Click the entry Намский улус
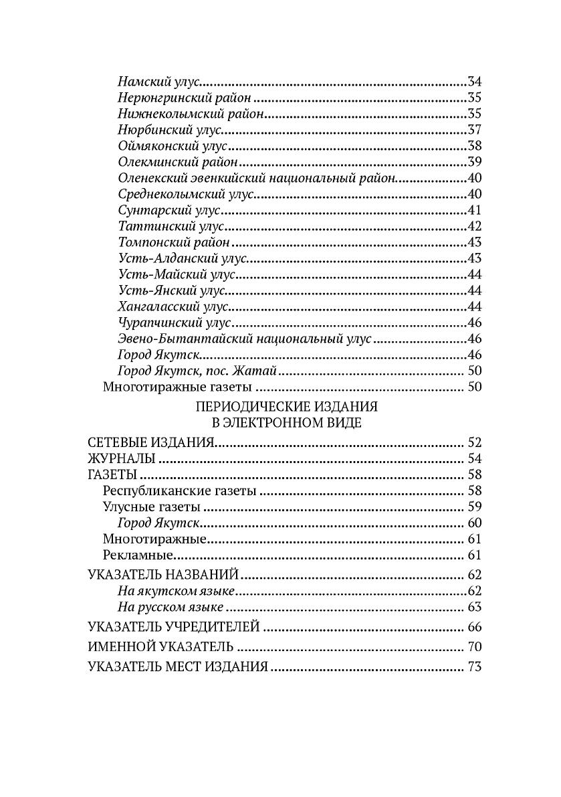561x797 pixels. click(x=158, y=82)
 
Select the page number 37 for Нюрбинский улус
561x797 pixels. click(x=475, y=130)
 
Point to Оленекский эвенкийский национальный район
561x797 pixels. click(x=257, y=178)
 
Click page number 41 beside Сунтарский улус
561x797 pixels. click(x=475, y=210)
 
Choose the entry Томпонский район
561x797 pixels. click(x=174, y=242)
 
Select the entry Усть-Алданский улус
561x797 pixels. click(x=183, y=258)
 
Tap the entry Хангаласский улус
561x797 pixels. click(x=173, y=306)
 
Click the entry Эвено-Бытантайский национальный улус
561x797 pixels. click(x=245, y=339)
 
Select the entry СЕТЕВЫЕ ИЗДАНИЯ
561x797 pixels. click(x=150, y=443)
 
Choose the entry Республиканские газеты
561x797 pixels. click(x=180, y=491)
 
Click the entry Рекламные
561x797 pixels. click(x=139, y=555)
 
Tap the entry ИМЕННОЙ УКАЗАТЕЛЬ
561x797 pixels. click(x=160, y=647)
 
